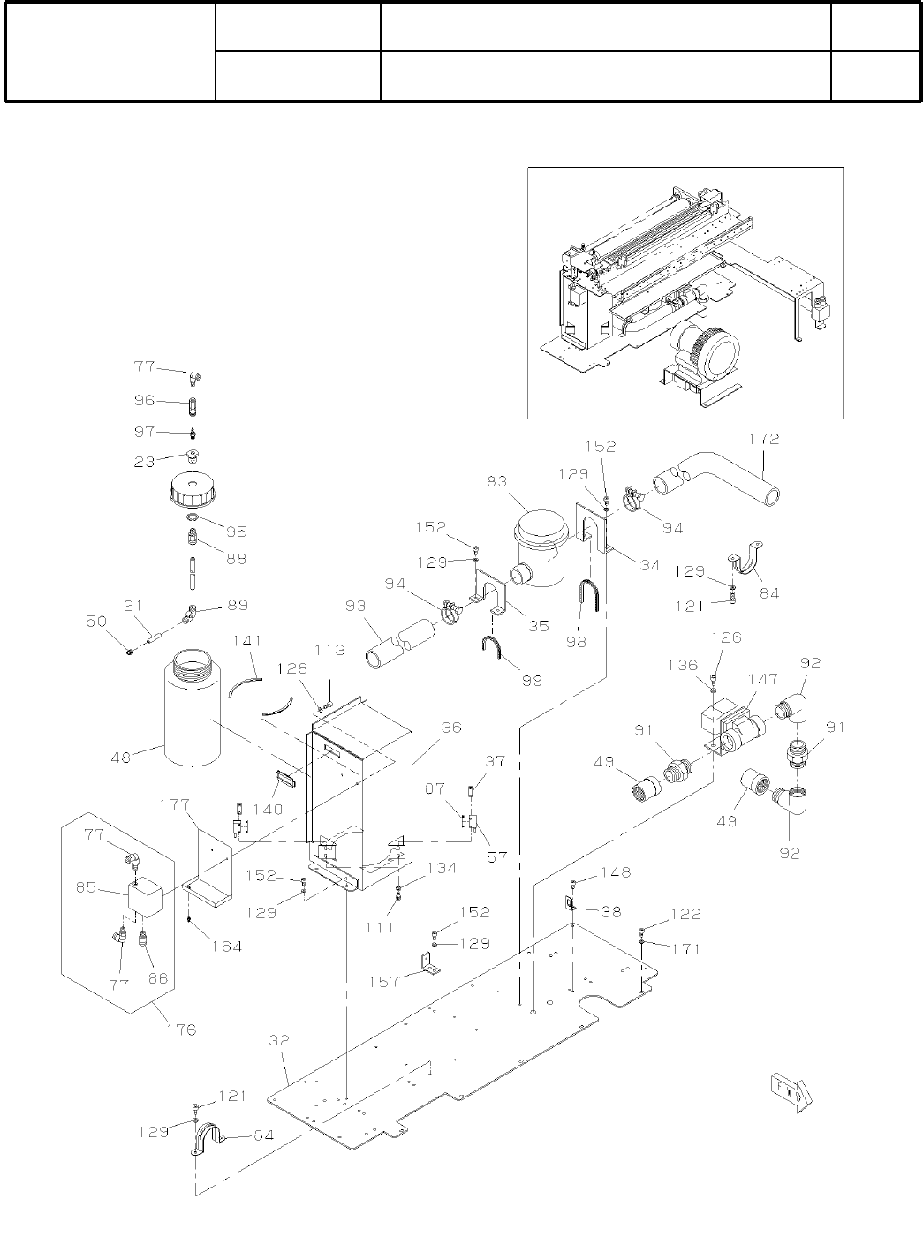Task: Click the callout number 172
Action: [x=764, y=439]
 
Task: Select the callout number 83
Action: [x=497, y=481]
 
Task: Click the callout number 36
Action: [x=451, y=728]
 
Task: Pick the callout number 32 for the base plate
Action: [x=279, y=1040]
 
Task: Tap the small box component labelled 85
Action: [x=145, y=896]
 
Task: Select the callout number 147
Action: [x=763, y=679]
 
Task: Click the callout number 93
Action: [x=356, y=606]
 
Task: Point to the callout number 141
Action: [x=247, y=640]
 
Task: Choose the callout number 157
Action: [x=384, y=981]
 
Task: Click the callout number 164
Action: [x=227, y=947]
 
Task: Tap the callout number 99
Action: [x=532, y=680]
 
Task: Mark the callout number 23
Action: [x=144, y=462]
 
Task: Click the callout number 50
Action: [x=96, y=621]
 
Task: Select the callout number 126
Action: [x=727, y=637]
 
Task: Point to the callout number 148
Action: [x=617, y=872]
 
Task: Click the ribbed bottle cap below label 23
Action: [x=193, y=490]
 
